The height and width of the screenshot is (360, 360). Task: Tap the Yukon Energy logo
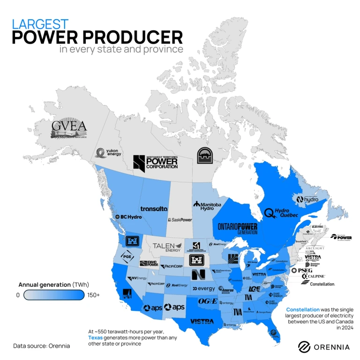(x=108, y=152)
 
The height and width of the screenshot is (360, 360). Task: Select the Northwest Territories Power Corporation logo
(x=155, y=162)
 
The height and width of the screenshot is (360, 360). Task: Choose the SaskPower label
(x=180, y=219)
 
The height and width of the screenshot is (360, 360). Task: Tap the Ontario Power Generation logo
(x=238, y=228)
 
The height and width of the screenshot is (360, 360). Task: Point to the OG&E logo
(x=208, y=301)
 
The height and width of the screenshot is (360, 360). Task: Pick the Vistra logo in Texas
(x=202, y=322)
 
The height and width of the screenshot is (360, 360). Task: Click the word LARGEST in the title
(x=40, y=24)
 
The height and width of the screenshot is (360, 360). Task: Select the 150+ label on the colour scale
(x=93, y=295)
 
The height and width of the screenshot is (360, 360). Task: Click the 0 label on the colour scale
(x=18, y=295)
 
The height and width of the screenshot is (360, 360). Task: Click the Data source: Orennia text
(x=41, y=346)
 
